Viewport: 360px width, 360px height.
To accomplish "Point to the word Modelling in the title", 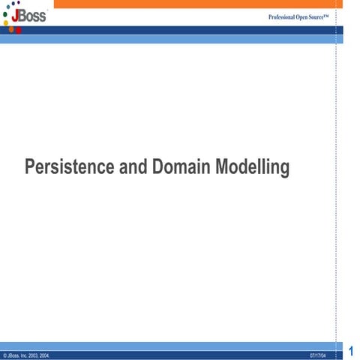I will click(252, 167).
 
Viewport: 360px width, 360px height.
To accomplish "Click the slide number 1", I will click(351, 350).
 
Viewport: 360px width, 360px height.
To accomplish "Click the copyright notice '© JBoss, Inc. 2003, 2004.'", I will click(27, 354).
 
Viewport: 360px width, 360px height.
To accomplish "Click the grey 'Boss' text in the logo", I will click(33, 16).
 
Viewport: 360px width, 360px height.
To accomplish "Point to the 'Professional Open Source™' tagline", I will click(298, 16).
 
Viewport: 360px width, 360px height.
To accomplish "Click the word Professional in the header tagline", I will click(283, 16).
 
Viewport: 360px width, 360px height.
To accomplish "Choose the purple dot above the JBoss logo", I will click(18, 3).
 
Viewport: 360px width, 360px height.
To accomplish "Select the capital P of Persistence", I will click(30, 166).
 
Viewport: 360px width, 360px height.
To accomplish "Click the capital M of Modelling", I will click(223, 166).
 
